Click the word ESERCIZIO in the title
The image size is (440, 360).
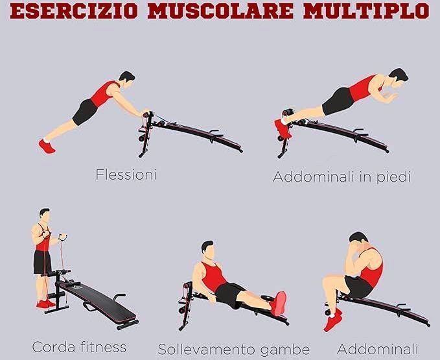[74, 11]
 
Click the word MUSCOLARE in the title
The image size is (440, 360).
[220, 11]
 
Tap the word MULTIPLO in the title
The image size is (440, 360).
[366, 11]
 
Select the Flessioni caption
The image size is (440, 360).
[126, 174]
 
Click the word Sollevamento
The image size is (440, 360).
[207, 350]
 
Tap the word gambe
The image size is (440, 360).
[284, 350]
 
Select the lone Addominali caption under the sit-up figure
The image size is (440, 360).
[377, 349]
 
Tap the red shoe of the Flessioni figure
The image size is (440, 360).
[47, 147]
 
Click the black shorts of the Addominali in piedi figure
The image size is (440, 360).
[339, 101]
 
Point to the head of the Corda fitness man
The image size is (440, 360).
[45, 215]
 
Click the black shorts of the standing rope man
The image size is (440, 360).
[42, 262]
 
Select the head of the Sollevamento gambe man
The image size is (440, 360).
[208, 250]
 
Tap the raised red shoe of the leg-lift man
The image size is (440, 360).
[279, 304]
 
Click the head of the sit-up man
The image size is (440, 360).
[357, 241]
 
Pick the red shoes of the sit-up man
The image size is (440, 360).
[333, 320]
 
